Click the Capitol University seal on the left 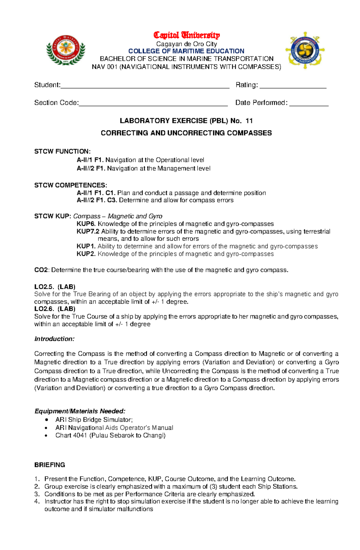coord(66,50)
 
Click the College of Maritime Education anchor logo coord(305,50)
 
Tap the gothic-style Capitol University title coord(187,35)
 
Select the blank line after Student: coord(145,87)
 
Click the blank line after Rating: coord(293,87)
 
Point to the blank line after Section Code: coord(153,105)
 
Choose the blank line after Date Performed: coord(309,105)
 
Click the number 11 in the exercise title coord(249,121)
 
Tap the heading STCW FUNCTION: coord(62,151)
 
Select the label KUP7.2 coord(88,231)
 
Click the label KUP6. coord(86,224)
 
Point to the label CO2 coord(41,270)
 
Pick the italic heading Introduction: coord(54,339)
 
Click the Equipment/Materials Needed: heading coord(80,411)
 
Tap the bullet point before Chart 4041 coord(46,436)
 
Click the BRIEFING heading coord(49,465)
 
